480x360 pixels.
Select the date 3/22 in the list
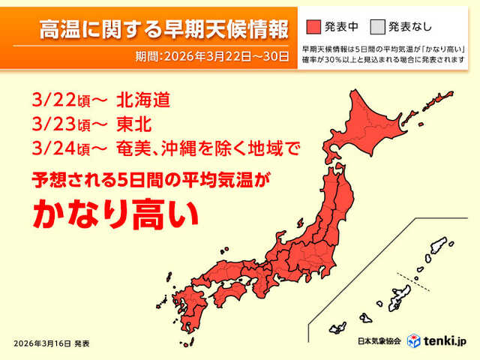53,100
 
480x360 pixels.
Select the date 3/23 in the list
53,124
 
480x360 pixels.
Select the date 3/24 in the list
53,148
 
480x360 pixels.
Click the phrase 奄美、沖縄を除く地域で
208,148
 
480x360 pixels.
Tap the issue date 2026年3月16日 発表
52,343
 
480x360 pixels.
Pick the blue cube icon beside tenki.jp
413,340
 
